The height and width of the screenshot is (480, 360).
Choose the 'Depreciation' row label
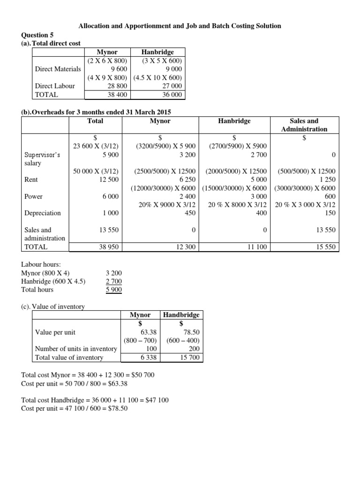pos(43,213)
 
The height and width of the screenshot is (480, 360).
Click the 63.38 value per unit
pos(148,332)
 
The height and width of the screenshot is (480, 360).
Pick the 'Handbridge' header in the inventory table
pos(181,315)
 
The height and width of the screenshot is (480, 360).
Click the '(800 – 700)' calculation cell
pos(140,341)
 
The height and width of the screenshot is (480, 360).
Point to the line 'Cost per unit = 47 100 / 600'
pos(75,408)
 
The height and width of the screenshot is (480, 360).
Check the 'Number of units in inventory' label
pos(76,349)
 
